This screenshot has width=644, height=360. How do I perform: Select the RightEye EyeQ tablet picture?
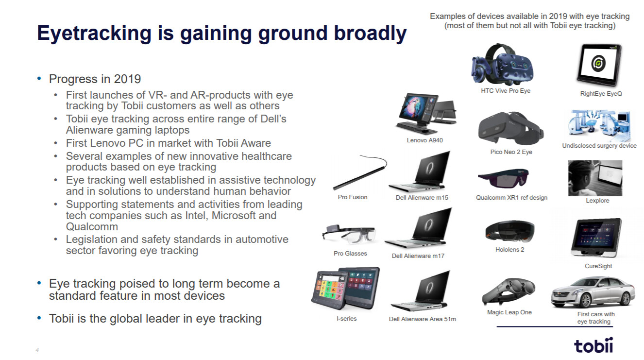point(599,65)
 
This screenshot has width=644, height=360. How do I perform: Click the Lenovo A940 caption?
point(424,140)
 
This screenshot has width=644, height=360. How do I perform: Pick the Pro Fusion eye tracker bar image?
point(360,172)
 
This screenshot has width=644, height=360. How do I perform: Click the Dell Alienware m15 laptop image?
point(420,171)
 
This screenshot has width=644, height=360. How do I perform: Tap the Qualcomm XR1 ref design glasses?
point(504,178)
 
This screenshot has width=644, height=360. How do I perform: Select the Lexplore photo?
point(595,178)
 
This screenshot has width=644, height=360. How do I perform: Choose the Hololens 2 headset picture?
point(510,231)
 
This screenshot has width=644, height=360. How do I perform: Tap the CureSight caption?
point(598,266)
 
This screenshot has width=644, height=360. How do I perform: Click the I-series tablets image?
point(346,289)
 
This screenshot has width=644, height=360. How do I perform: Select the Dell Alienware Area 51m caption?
point(423,319)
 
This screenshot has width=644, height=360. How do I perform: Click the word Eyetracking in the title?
point(94,34)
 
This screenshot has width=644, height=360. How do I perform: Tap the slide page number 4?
point(37,350)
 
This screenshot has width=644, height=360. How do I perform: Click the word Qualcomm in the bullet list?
point(92,226)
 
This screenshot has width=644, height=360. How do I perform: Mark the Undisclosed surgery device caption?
point(599,146)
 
